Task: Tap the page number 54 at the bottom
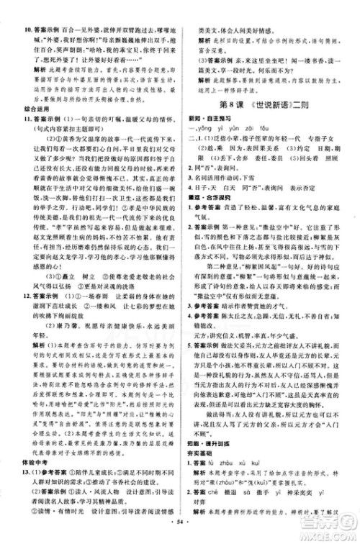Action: tap(179, 535)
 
